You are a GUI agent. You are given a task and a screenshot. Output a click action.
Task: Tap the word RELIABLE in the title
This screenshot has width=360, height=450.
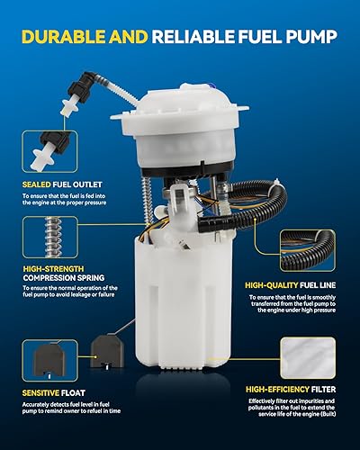click(x=189, y=38)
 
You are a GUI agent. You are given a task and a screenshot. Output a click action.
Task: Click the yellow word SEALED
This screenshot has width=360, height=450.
click(x=40, y=186)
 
